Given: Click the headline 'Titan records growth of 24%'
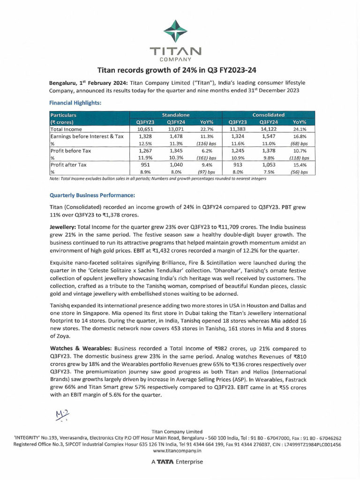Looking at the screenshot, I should point(180,70).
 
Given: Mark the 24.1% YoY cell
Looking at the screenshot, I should point(299,129).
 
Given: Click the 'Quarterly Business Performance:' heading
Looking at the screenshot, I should point(92,195).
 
